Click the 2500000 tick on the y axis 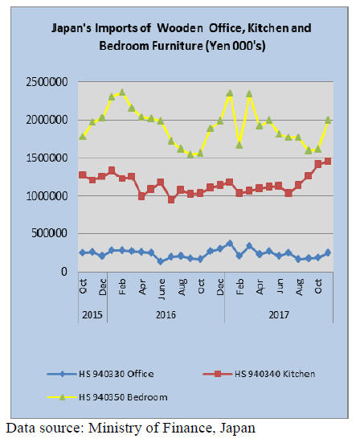coord(47,82)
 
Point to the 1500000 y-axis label coord(47,158)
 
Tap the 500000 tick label coord(49,234)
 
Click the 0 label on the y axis coord(64,272)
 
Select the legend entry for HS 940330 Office coord(100,374)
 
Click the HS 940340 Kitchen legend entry coord(259,374)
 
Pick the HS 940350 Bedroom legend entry coord(107,397)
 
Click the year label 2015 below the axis coord(92,314)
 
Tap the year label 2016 coord(166,314)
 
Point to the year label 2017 coord(279,314)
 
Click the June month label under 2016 coord(162,289)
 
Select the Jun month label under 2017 coord(280,285)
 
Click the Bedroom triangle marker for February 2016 coord(122,92)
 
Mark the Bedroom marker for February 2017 coord(239,145)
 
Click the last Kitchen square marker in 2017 coord(328,161)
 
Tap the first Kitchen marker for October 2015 coord(83,175)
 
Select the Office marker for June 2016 coord(161,261)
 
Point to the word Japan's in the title coord(72,28)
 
